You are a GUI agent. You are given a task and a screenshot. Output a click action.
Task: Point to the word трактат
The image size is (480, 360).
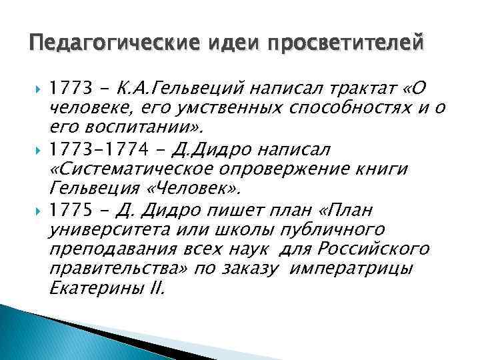[x=354, y=88]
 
